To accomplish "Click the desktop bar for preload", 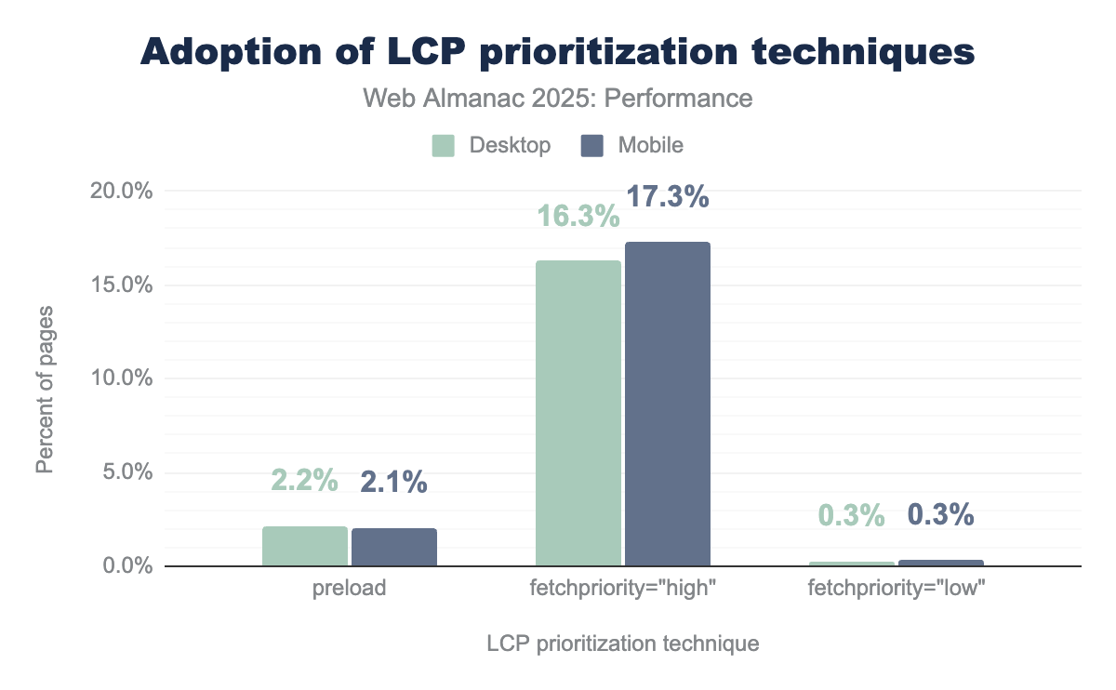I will click(304, 547).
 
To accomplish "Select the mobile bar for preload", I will click(394, 548).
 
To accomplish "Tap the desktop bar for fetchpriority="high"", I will click(578, 413).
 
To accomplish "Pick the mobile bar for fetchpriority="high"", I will click(667, 404).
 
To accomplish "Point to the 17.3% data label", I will click(667, 197).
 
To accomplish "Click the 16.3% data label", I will click(578, 217).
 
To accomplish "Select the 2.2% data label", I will click(304, 481).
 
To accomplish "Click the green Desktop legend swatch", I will click(443, 146).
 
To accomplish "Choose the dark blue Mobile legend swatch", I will click(591, 146).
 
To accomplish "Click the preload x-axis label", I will click(349, 589).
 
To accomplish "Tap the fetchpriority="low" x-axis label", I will click(897, 589).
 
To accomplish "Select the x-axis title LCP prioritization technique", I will click(622, 644).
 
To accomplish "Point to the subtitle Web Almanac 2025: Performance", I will click(557, 98).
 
